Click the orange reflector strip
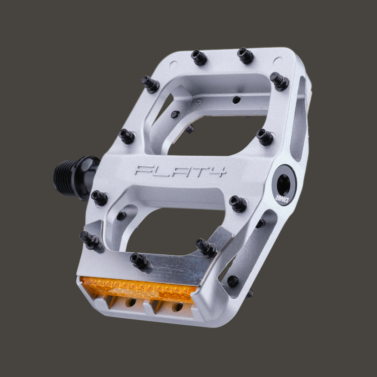[x=138, y=289]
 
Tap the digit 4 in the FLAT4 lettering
[x=220, y=171]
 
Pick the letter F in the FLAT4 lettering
[x=143, y=170]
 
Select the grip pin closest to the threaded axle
[x=99, y=198]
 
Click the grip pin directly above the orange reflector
[x=139, y=260]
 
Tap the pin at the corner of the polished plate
[x=206, y=247]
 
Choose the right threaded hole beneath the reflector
[x=177, y=306]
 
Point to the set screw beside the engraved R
[x=236, y=100]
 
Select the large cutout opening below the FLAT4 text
[x=171, y=230]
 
